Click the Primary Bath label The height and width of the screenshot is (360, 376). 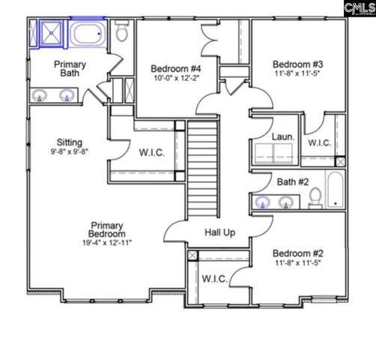click(69, 70)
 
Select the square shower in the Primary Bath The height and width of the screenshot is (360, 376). click(47, 34)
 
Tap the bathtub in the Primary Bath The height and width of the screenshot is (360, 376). click(90, 34)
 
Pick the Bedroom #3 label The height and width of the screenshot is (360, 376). click(294, 63)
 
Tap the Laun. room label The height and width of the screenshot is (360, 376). click(282, 138)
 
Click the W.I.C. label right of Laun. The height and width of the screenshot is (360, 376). click(320, 142)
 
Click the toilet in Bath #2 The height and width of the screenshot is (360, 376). click(316, 197)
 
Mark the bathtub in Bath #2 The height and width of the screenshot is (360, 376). click(336, 190)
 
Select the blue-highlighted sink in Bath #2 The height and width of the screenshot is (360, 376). click(263, 202)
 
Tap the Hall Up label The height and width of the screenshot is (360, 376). click(219, 232)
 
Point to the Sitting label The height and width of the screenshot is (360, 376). click(69, 142)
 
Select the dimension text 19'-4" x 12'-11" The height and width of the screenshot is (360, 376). click(107, 243)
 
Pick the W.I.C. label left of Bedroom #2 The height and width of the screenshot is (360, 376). click(214, 279)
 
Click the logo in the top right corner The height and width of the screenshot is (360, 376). click(357, 8)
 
